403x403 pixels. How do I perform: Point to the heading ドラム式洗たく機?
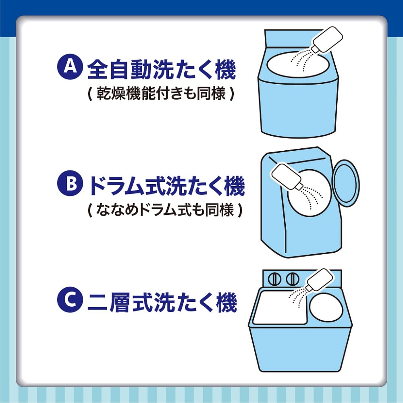click(x=166, y=186)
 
